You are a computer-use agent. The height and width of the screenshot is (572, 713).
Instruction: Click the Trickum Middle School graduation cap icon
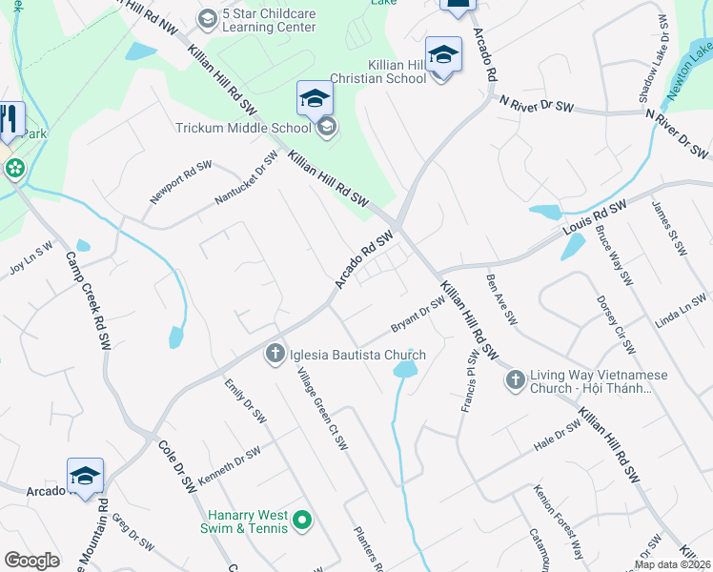point(327,128)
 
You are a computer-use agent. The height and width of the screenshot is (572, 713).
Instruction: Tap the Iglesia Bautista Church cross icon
point(275,355)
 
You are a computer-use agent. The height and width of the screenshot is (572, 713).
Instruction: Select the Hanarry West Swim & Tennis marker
point(303,520)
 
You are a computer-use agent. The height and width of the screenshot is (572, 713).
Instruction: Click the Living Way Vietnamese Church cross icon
point(515,380)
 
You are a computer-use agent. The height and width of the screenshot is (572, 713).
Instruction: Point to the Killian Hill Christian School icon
point(443,55)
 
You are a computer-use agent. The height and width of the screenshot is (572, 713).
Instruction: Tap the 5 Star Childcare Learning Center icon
point(208,18)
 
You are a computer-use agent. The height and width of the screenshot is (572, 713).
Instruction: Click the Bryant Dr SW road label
point(418,316)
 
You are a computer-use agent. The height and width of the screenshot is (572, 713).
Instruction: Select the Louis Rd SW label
point(594,218)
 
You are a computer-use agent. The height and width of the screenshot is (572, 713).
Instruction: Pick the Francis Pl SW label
point(469,381)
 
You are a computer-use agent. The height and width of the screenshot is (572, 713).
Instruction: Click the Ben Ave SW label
point(500,297)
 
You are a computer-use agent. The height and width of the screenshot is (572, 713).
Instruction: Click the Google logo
point(32,561)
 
